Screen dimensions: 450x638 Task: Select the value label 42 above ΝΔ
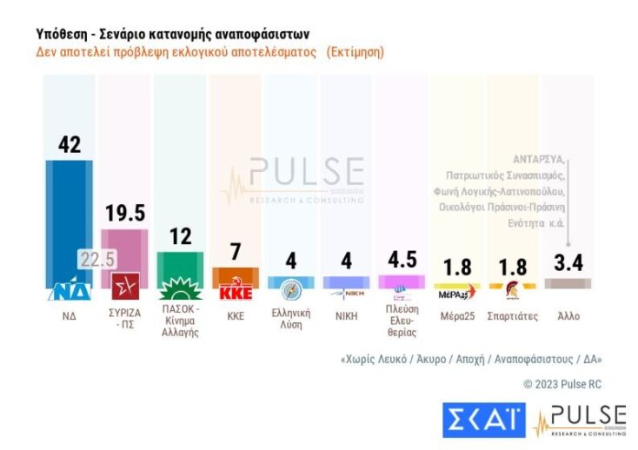69,145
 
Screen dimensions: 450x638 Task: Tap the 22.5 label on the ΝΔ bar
97,260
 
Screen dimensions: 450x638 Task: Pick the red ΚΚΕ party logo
236,291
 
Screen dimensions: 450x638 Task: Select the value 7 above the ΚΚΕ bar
236,253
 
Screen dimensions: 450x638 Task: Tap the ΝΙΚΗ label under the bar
346,315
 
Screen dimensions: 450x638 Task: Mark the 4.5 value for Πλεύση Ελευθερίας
402,260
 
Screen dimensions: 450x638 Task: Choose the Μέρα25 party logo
456,291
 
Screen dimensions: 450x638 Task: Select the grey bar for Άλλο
568,282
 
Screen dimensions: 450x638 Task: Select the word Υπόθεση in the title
60,34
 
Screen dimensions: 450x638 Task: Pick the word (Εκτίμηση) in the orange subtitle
356,52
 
